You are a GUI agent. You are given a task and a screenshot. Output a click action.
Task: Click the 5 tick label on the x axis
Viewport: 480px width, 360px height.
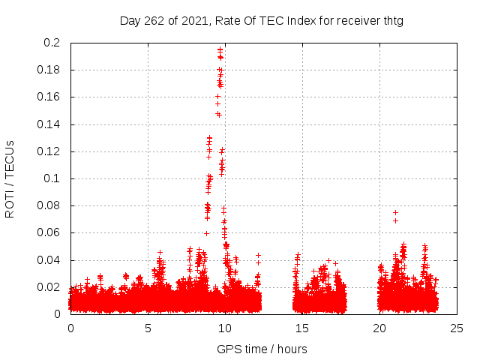point(148,328)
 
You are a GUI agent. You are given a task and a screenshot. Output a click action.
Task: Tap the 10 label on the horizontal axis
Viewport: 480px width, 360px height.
point(225,328)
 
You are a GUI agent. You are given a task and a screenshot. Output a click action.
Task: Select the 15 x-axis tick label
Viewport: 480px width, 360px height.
point(302,328)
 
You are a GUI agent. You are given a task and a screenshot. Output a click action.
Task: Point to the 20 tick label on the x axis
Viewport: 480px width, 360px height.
point(379,328)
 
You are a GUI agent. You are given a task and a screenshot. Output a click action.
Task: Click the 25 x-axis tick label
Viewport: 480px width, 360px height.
point(457,328)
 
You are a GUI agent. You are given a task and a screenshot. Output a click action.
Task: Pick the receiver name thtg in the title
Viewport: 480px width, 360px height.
point(391,20)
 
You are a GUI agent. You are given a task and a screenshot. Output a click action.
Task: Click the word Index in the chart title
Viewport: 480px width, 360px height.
point(301,20)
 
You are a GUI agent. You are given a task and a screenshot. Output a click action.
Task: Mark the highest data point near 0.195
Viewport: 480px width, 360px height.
point(220,49)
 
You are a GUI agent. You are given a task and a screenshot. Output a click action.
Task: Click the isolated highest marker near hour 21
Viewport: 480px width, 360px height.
point(395,212)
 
